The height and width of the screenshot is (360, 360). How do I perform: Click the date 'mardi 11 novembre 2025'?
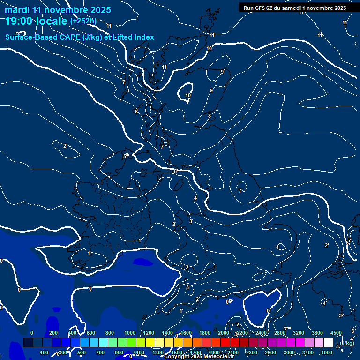click(x=58, y=10)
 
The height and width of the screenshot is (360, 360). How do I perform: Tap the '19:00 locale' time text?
click(x=36, y=21)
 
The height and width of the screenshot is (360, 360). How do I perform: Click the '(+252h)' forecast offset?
click(x=83, y=21)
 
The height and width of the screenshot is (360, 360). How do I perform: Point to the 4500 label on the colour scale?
click(x=336, y=333)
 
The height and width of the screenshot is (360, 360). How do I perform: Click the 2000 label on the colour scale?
click(x=224, y=333)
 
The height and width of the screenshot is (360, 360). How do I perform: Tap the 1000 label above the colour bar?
click(x=130, y=333)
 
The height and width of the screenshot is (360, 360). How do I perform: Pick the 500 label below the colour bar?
click(x=82, y=352)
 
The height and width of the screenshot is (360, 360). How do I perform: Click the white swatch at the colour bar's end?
click(x=328, y=343)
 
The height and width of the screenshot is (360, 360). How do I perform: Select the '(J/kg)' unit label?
click(x=347, y=344)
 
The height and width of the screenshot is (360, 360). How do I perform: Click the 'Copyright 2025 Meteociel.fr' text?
click(x=199, y=357)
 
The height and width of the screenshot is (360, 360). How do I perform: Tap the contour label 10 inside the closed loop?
click(x=188, y=96)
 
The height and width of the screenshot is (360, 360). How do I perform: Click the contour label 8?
click(x=210, y=116)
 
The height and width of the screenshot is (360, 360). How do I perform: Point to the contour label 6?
click(x=136, y=112)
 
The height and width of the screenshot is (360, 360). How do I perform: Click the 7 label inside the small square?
click(x=163, y=147)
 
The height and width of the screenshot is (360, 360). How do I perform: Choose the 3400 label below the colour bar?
click(x=308, y=352)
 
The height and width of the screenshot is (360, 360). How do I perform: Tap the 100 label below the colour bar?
click(x=45, y=352)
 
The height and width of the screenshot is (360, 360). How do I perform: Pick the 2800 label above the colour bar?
click(x=280, y=333)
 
